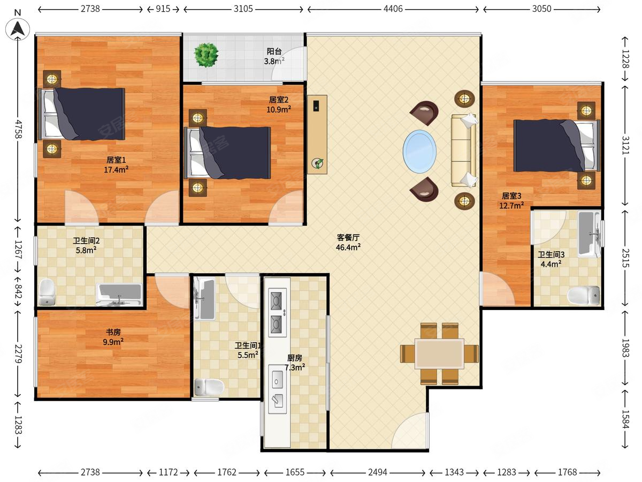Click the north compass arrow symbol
(x=18, y=29)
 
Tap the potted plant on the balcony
(x=206, y=55)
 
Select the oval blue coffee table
(x=419, y=152)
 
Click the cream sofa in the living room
(x=464, y=150)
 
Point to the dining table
(x=439, y=353)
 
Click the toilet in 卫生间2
(x=47, y=292)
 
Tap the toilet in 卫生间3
(x=584, y=296)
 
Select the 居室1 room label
(x=116, y=160)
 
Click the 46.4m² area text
(x=348, y=247)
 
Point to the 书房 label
(x=113, y=332)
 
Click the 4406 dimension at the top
(x=393, y=9)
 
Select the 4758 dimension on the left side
(x=18, y=129)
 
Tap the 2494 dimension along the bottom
(x=377, y=472)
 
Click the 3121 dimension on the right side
(x=625, y=146)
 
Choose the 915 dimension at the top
(x=163, y=9)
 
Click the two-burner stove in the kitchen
(x=277, y=313)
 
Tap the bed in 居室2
(x=227, y=153)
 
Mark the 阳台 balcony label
(x=274, y=51)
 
